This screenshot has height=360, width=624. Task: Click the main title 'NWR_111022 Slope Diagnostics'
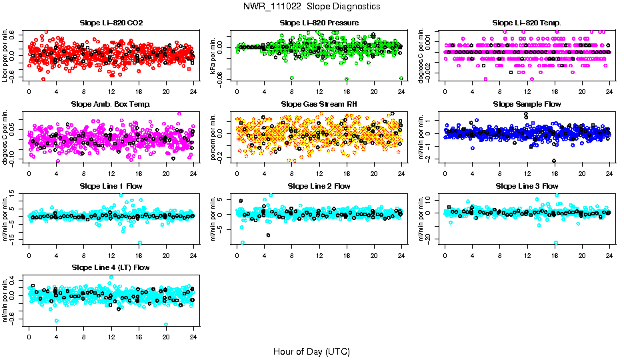click(x=311, y=6)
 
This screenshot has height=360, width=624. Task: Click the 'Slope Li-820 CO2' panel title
click(x=111, y=23)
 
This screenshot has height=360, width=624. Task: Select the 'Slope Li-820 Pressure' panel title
click(x=319, y=23)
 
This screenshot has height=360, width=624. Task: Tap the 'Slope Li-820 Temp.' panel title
click(x=527, y=23)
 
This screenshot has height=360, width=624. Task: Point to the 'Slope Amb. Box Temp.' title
click(x=111, y=104)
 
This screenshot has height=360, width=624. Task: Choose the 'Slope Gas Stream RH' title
click(x=319, y=104)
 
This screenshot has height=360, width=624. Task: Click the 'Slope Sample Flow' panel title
click(x=527, y=104)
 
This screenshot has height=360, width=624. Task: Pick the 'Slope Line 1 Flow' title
click(x=111, y=186)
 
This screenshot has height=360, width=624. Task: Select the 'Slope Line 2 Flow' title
click(x=319, y=186)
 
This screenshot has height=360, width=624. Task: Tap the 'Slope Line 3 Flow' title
click(x=527, y=186)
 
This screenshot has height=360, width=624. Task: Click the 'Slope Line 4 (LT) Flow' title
click(x=111, y=267)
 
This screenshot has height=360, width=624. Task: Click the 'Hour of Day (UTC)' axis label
click(x=311, y=351)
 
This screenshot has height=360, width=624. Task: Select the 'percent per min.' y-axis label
click(x=214, y=137)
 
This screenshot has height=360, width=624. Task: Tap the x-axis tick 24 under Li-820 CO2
click(x=193, y=91)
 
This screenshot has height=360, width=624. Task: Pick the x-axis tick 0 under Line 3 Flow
click(x=445, y=255)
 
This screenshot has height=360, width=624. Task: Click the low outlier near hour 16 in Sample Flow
click(x=554, y=161)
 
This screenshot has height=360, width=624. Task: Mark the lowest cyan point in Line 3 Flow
click(x=556, y=243)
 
